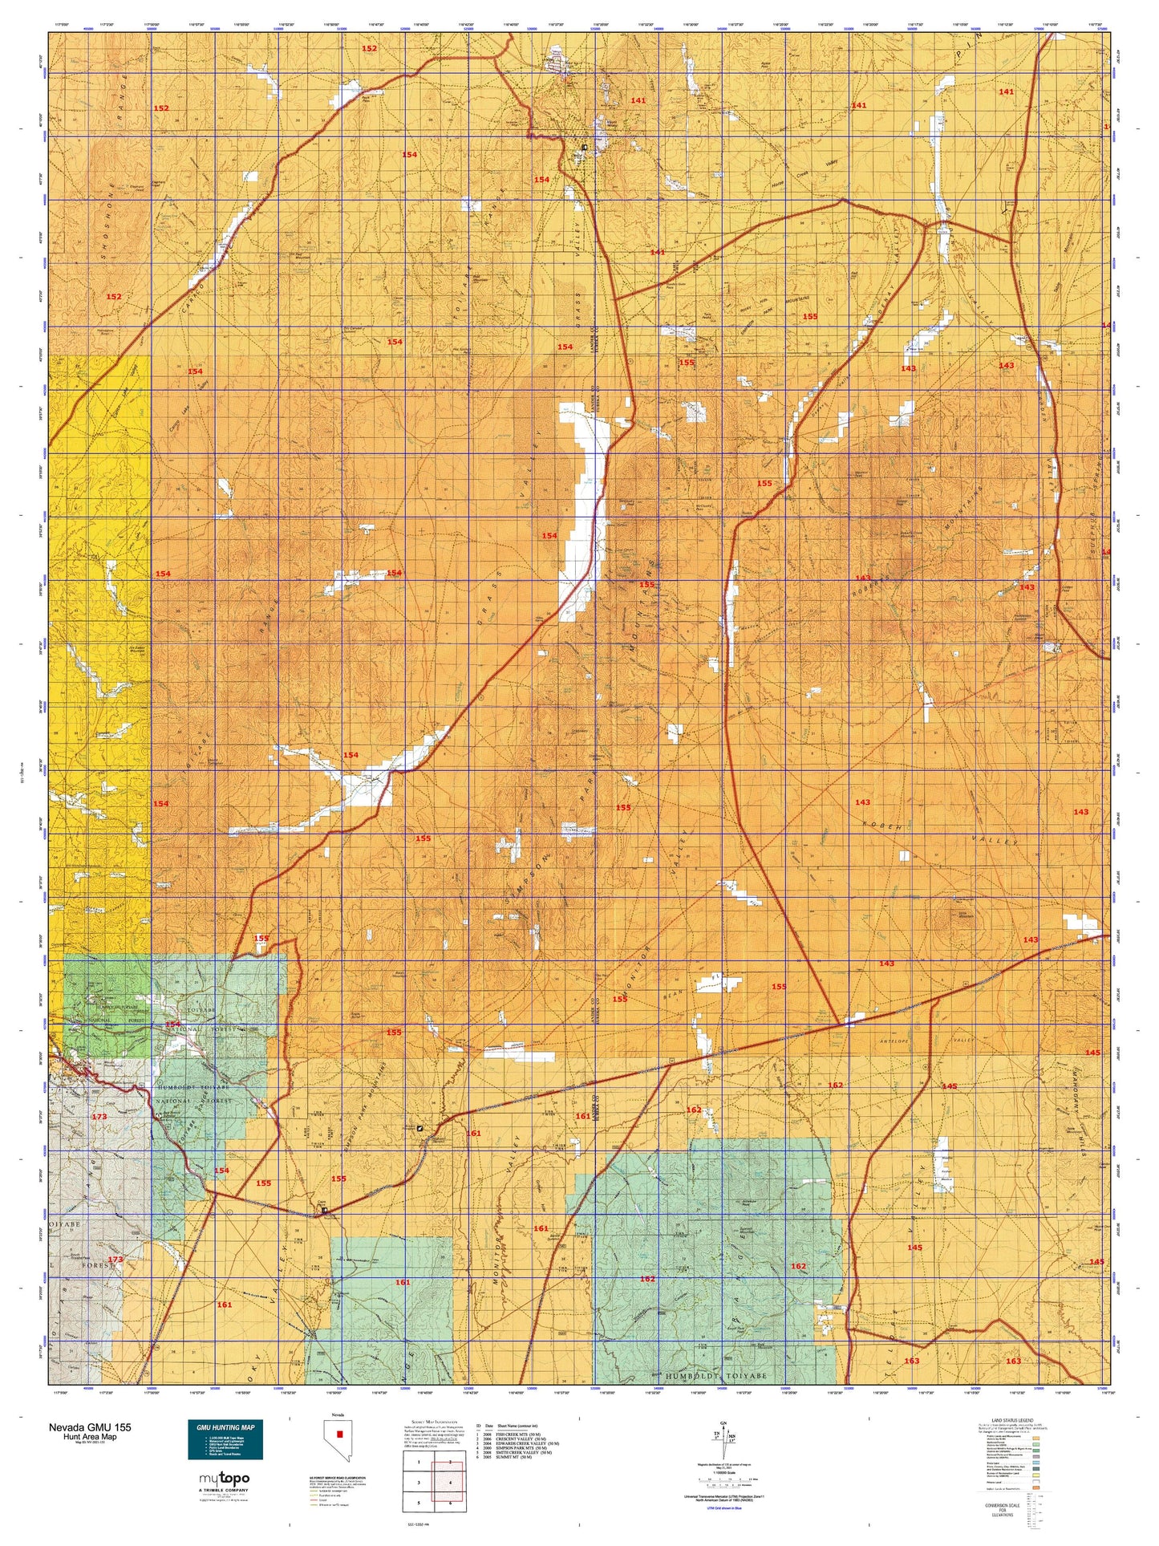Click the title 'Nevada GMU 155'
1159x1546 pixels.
pos(90,1427)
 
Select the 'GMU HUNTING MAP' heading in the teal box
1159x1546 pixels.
pos(225,1427)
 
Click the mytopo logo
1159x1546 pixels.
pos(224,1478)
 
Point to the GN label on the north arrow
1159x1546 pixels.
pos(723,1422)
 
